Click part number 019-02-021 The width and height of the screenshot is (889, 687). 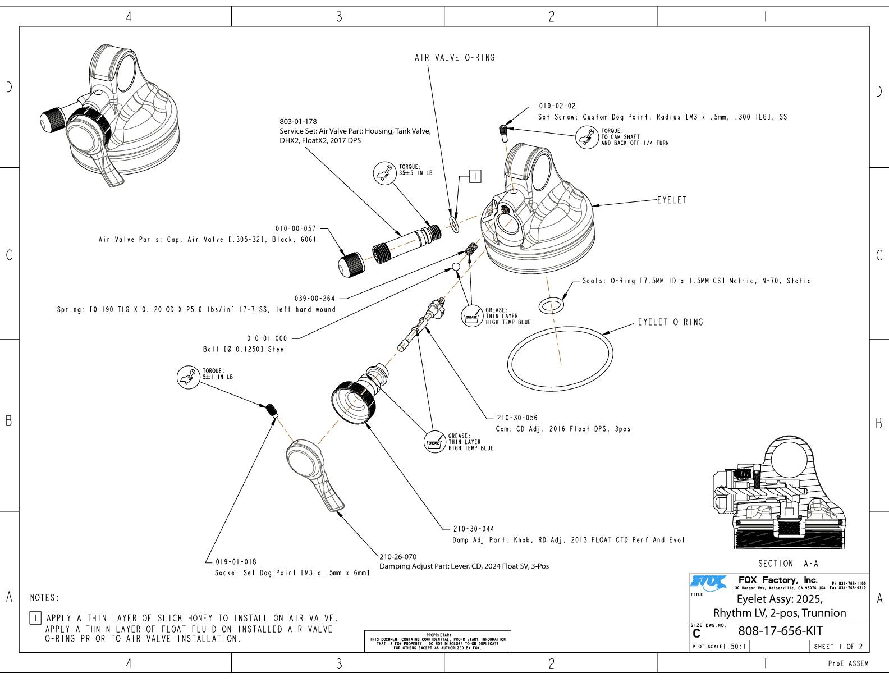(559, 106)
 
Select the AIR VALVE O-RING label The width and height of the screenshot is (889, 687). (455, 57)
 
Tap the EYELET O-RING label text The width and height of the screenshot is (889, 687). (670, 322)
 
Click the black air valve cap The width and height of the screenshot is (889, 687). (352, 263)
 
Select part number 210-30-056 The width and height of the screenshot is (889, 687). (517, 418)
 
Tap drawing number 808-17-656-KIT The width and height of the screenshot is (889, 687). (780, 630)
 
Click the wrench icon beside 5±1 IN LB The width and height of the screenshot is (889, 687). (188, 377)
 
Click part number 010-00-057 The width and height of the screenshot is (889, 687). (295, 228)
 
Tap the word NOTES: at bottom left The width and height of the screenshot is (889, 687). (44, 598)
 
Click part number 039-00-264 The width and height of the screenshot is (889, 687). (314, 298)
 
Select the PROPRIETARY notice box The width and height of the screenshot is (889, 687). (437, 641)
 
